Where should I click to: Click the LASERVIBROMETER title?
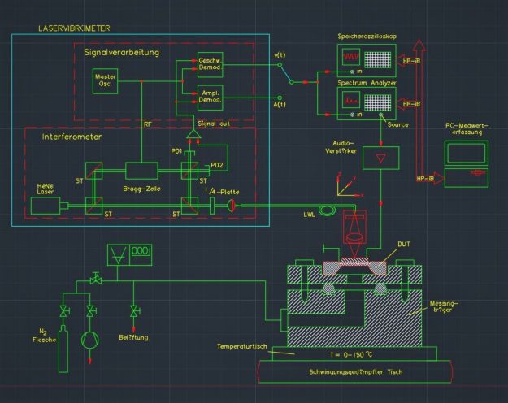pyautogui.click(x=74, y=28)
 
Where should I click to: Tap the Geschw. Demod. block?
pyautogui.click(x=209, y=66)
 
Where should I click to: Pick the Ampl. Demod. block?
pyautogui.click(x=209, y=97)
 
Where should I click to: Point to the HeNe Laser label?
pyautogui.click(x=44, y=190)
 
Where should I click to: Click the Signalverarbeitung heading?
pyautogui.click(x=122, y=52)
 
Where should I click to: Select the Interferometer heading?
pyautogui.click(x=72, y=137)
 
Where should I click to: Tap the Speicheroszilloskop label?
pyautogui.click(x=368, y=37)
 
